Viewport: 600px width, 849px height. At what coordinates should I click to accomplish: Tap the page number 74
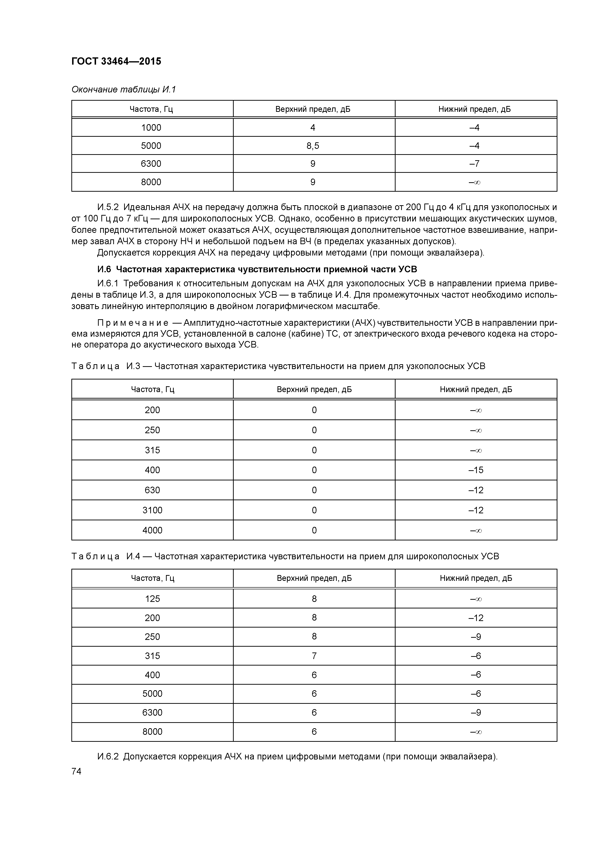[76, 771]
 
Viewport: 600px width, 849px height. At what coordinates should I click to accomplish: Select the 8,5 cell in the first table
[313, 146]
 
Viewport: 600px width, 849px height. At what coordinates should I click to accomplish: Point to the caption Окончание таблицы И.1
[123, 90]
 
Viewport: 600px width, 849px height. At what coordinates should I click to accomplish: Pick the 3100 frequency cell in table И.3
[152, 510]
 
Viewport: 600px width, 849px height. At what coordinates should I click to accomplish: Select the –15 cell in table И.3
[476, 470]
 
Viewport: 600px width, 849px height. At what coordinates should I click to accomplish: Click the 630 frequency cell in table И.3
[152, 490]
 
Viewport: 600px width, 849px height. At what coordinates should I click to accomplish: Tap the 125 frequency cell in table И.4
[152, 599]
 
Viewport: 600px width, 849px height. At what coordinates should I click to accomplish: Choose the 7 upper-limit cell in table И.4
[314, 656]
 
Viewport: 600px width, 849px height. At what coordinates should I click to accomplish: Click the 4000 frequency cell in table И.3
[152, 530]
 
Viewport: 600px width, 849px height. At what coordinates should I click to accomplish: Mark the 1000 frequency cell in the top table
[151, 128]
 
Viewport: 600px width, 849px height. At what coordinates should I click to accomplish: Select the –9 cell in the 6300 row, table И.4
[476, 713]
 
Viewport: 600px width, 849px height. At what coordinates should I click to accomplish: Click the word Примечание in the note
[132, 323]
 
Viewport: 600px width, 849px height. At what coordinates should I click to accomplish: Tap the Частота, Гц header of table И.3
[152, 389]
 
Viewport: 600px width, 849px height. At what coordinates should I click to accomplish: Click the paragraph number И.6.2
[108, 757]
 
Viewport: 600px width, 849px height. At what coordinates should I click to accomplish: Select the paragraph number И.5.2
[108, 207]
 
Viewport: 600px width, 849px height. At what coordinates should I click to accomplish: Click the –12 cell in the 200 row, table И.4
[476, 618]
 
